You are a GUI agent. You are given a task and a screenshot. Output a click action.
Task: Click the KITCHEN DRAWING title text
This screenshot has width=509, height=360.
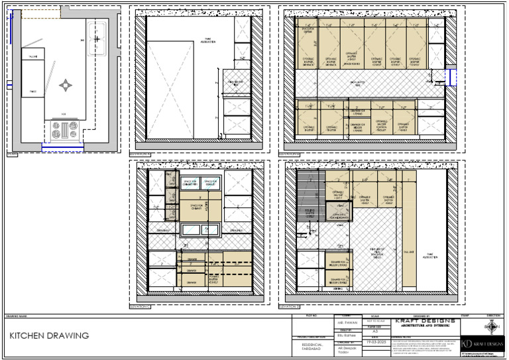(49, 336)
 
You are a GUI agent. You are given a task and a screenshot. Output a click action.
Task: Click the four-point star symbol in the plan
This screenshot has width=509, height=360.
(65, 85)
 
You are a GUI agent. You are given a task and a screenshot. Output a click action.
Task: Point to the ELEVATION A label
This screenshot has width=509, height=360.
(141, 153)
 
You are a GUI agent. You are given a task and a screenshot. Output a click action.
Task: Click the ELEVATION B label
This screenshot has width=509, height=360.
(290, 153)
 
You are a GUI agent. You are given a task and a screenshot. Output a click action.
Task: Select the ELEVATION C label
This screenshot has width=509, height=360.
(141, 307)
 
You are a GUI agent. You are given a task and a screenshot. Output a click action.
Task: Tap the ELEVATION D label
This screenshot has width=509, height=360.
(290, 307)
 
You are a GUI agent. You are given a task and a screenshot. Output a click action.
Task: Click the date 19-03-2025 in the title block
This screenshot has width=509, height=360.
(374, 341)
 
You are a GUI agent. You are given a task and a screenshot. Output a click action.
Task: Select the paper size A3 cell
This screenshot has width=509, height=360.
(374, 330)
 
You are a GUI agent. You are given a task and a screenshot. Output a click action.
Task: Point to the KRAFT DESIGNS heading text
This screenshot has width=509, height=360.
(424, 322)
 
